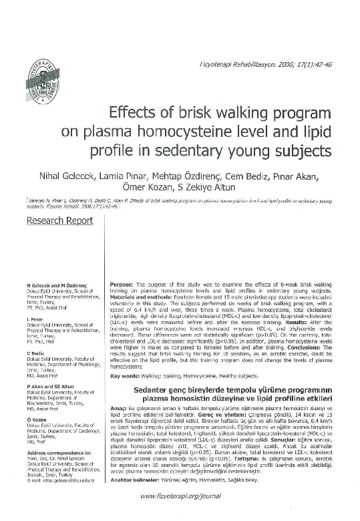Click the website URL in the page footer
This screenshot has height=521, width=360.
(x=180, y=496)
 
